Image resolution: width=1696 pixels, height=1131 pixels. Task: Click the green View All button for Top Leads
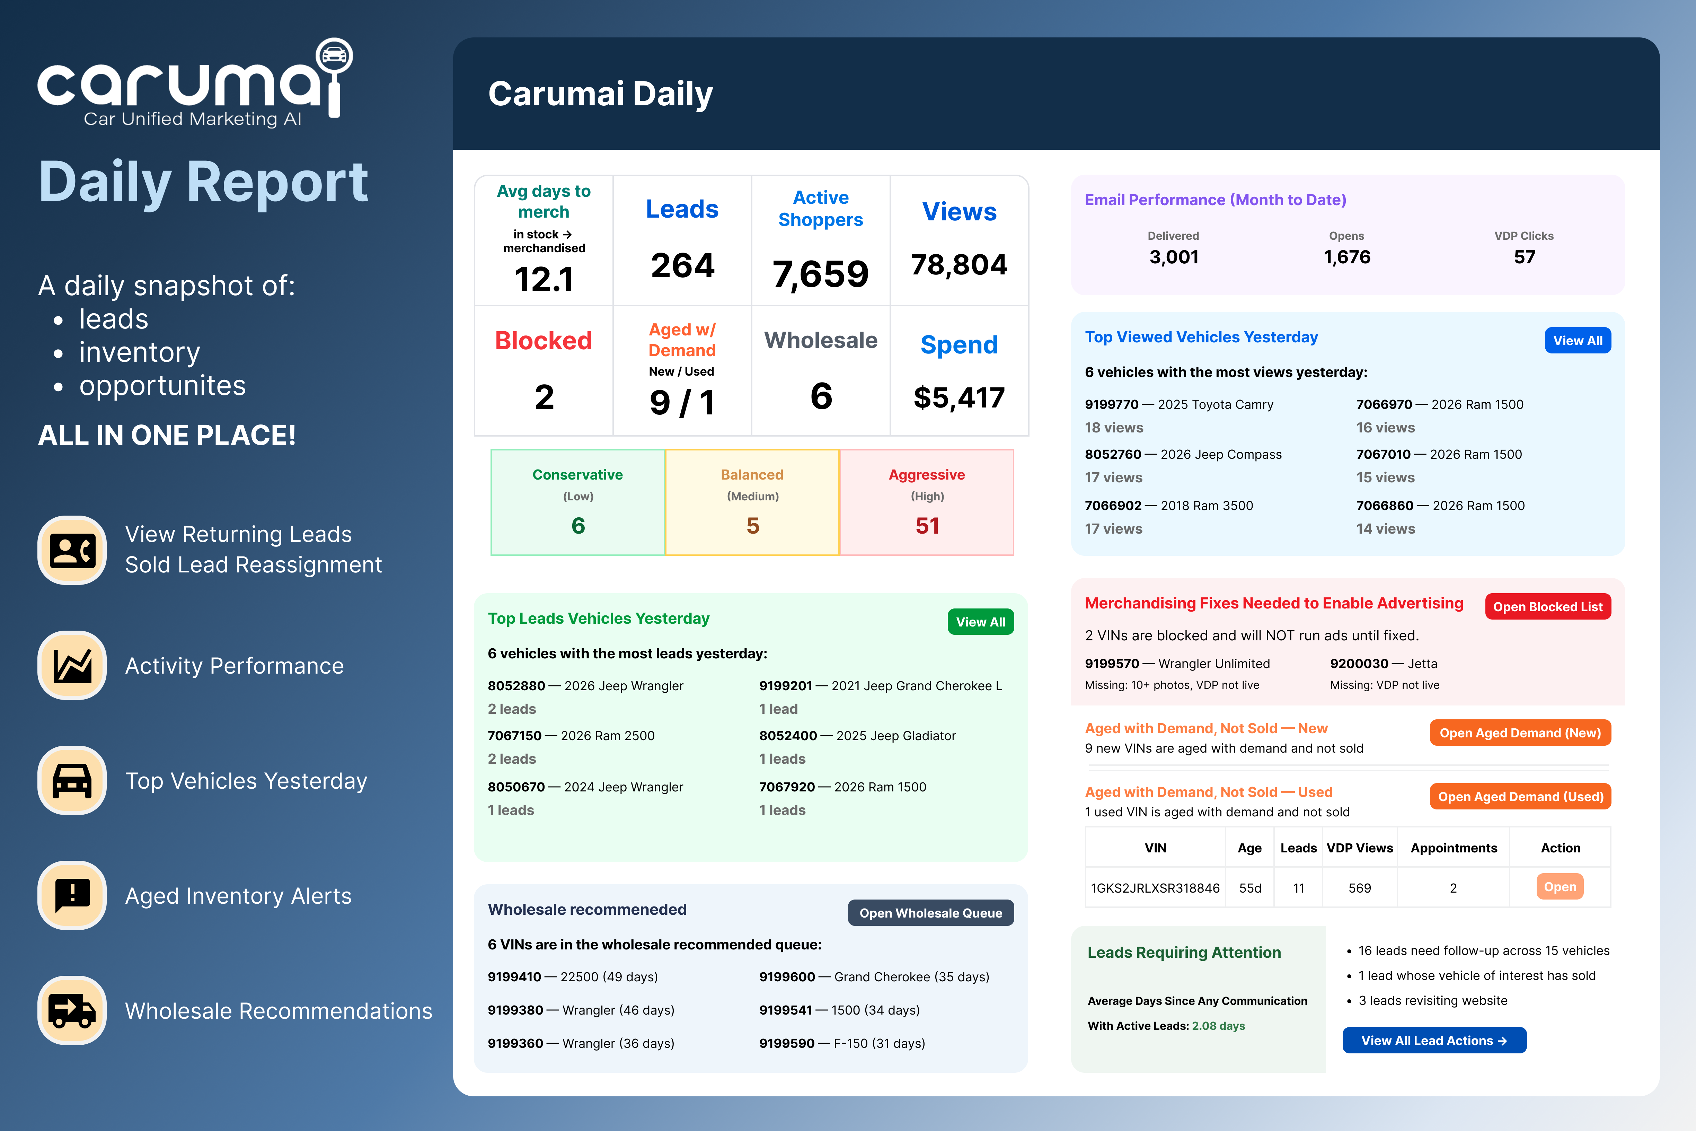click(980, 622)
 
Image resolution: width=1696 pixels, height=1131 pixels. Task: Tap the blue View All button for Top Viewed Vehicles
click(1577, 341)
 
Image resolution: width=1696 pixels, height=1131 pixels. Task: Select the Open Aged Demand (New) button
click(1519, 733)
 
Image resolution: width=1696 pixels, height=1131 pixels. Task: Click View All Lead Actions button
click(1433, 1040)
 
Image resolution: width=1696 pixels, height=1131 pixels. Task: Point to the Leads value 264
click(682, 265)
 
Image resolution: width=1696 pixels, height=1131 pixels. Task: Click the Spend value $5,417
click(959, 397)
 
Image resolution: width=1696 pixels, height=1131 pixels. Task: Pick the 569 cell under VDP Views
click(1359, 888)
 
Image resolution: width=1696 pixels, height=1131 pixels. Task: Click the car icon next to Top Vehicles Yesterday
click(72, 780)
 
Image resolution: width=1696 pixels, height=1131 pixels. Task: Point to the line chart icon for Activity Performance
click(72, 665)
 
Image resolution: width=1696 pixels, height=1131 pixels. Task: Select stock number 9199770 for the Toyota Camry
click(1111, 405)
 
